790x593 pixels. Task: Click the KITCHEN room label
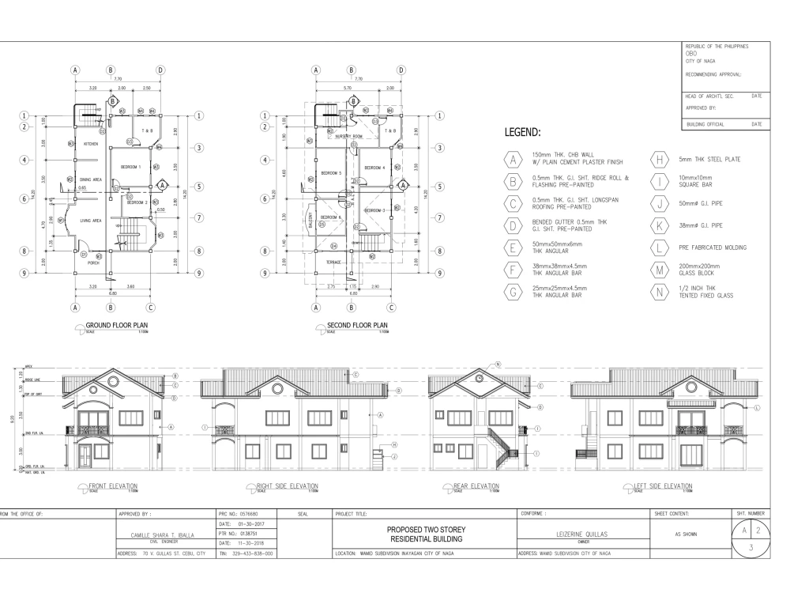pos(91,144)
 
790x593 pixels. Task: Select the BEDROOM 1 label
pos(130,168)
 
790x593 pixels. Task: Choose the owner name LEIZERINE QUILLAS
pos(583,534)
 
